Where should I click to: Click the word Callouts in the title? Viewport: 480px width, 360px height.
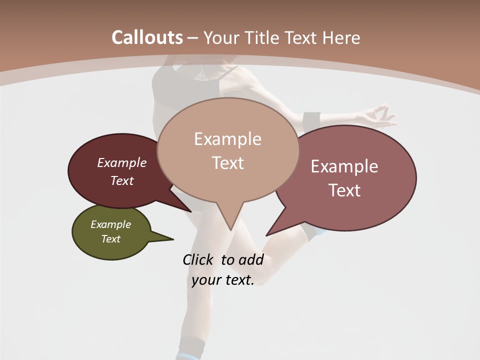click(x=147, y=37)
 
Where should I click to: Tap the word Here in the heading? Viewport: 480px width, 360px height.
click(x=341, y=37)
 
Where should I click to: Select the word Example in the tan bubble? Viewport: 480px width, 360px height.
click(x=228, y=138)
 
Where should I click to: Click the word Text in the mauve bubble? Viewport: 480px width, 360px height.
click(x=344, y=190)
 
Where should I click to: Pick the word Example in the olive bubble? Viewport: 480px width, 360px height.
click(x=111, y=224)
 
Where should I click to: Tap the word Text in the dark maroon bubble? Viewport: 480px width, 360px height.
click(x=122, y=180)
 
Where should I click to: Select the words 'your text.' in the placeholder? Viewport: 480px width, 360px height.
click(x=223, y=280)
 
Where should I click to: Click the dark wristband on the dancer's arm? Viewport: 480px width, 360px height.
click(x=311, y=120)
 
